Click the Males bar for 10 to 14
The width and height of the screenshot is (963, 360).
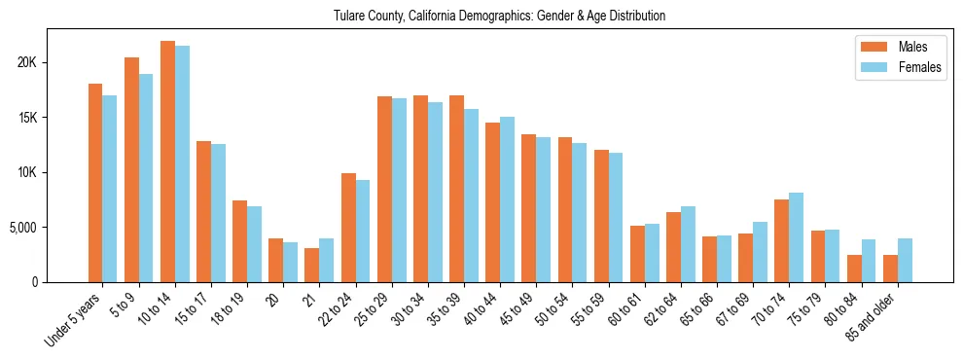(x=167, y=162)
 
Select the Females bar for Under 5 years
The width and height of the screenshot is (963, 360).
(x=110, y=189)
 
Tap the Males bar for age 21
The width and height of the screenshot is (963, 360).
(x=311, y=265)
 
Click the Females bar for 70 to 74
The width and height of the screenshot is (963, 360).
(x=797, y=237)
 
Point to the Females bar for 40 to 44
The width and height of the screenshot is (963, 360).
(x=508, y=199)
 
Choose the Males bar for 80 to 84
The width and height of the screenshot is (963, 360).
(x=854, y=269)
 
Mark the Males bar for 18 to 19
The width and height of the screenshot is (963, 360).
(x=239, y=241)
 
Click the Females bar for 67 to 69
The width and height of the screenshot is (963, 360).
(x=761, y=252)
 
